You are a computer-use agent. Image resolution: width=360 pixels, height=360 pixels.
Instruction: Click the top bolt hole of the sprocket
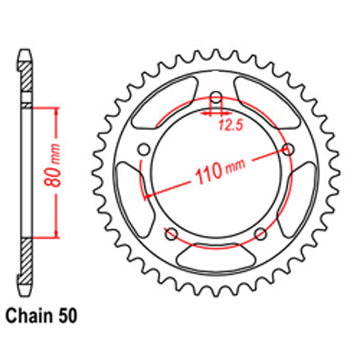click(x=216, y=96)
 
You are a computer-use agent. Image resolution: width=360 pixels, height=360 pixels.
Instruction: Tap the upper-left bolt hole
click(x=144, y=149)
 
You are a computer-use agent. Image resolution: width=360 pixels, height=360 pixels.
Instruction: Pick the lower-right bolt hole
click(x=260, y=234)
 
